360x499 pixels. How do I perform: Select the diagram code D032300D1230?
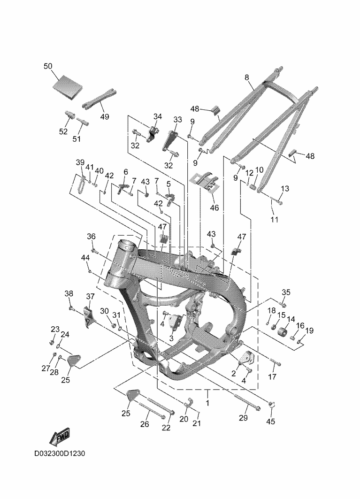(59, 454)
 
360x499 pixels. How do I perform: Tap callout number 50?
(48, 66)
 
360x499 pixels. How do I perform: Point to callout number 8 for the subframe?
(247, 78)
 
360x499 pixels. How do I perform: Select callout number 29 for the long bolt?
(243, 418)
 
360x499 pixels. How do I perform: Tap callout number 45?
(270, 422)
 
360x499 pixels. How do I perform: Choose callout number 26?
(145, 424)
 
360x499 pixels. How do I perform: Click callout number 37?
(90, 296)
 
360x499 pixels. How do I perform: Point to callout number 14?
(291, 319)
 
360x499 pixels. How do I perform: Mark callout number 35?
(286, 292)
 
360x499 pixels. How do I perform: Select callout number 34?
(157, 116)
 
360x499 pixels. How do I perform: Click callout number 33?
(177, 120)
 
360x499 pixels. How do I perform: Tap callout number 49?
(104, 116)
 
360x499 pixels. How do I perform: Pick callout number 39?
(80, 162)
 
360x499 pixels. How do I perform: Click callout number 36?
(91, 236)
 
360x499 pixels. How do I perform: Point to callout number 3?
(171, 338)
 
